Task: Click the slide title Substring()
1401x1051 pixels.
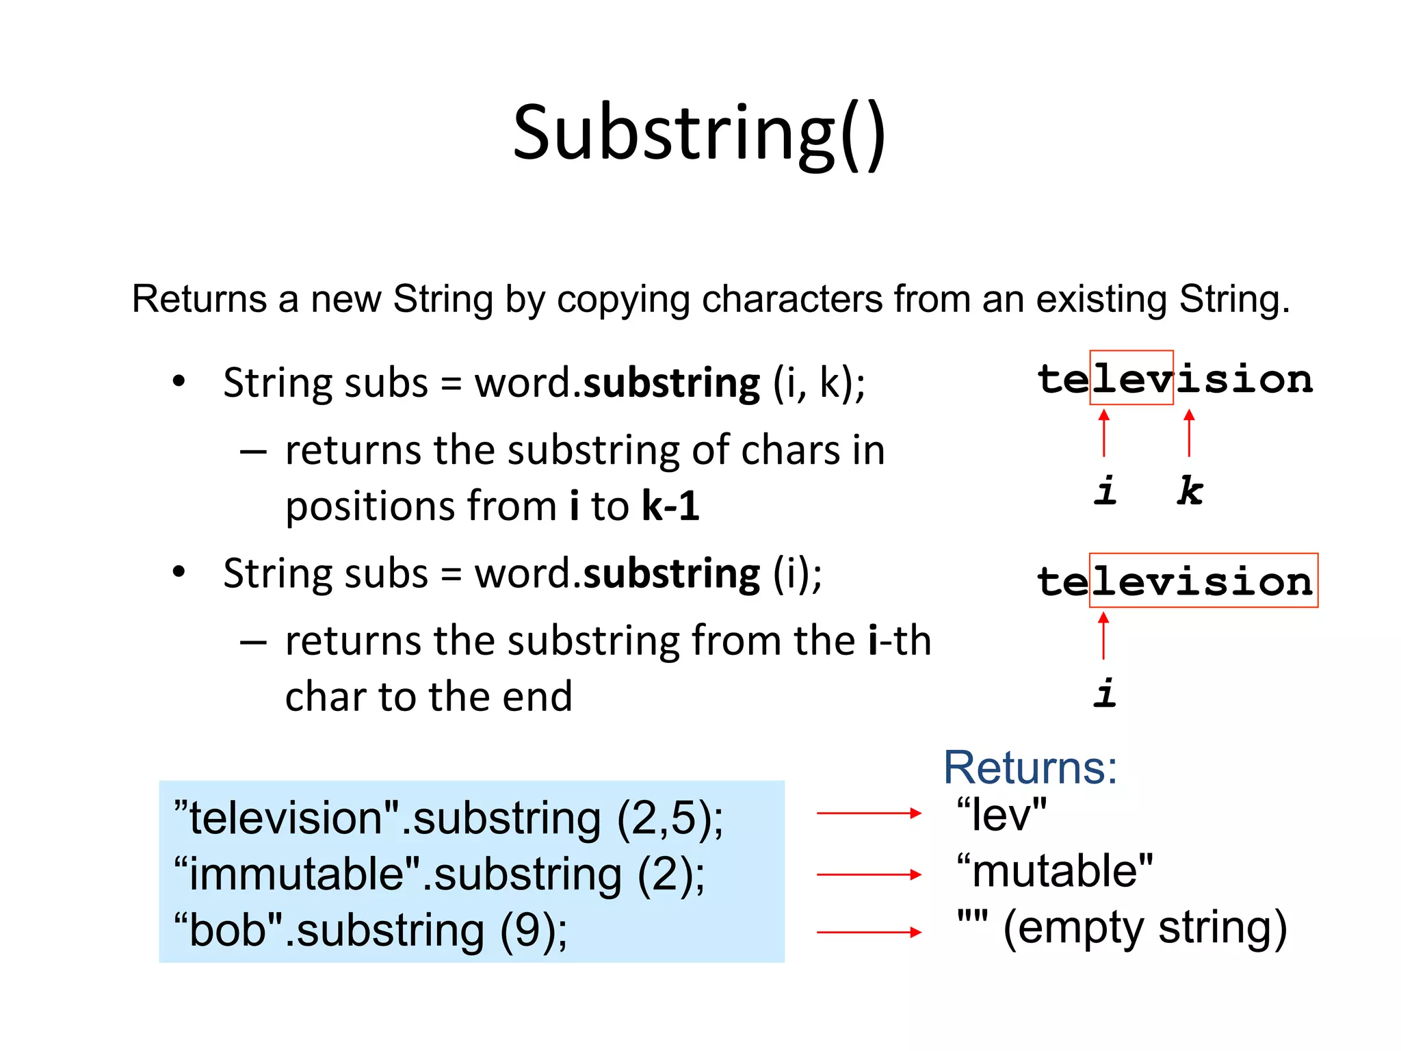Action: click(699, 133)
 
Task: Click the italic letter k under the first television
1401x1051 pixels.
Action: click(1190, 491)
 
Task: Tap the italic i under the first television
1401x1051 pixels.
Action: click(1105, 491)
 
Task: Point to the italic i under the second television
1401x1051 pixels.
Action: click(1105, 692)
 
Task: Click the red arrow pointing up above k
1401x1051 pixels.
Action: click(1190, 432)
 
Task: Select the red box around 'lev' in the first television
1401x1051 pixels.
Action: click(1131, 378)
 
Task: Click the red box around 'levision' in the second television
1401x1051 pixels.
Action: click(1203, 580)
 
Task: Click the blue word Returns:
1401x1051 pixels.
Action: click(1030, 768)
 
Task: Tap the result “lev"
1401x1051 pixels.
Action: click(1001, 815)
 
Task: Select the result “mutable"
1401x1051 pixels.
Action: click(1054, 871)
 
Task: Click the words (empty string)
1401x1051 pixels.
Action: click(1145, 929)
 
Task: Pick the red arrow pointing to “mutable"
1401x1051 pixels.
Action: click(869, 874)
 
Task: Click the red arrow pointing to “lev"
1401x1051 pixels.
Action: click(869, 813)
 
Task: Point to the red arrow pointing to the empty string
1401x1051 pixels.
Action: click(869, 932)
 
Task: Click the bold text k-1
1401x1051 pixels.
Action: click(671, 506)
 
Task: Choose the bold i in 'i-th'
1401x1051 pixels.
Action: click(874, 641)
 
